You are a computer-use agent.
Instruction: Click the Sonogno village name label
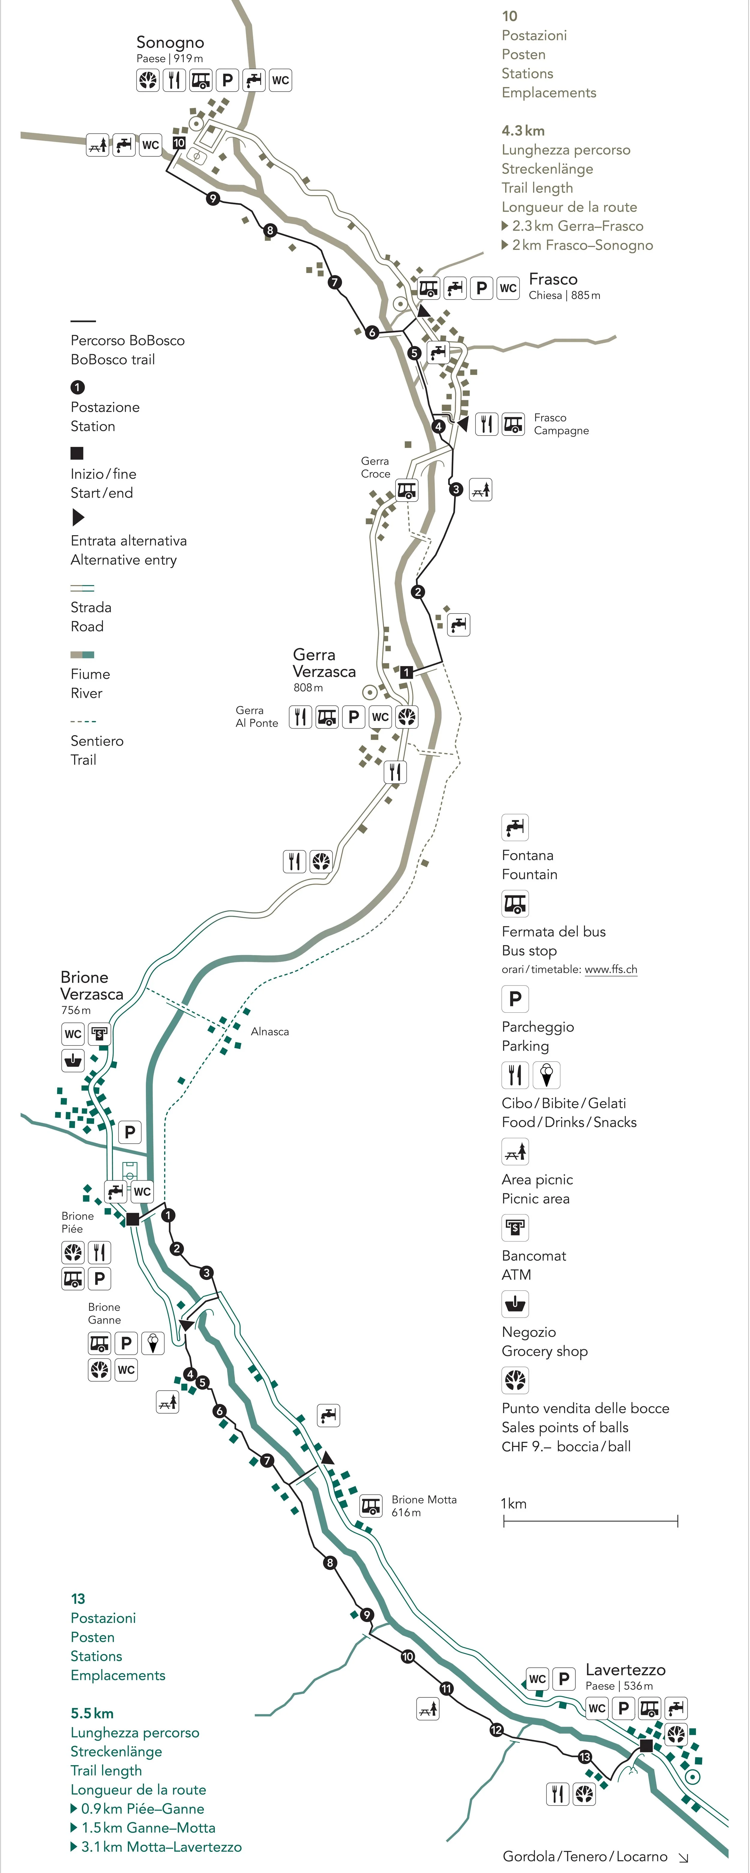click(x=170, y=42)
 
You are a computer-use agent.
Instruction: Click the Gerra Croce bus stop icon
click(x=407, y=491)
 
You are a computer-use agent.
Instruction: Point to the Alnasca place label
click(x=270, y=1031)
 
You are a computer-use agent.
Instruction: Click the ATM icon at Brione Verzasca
click(x=99, y=1033)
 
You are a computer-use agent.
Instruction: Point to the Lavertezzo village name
click(x=625, y=1669)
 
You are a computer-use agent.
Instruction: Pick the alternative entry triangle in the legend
click(x=78, y=517)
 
